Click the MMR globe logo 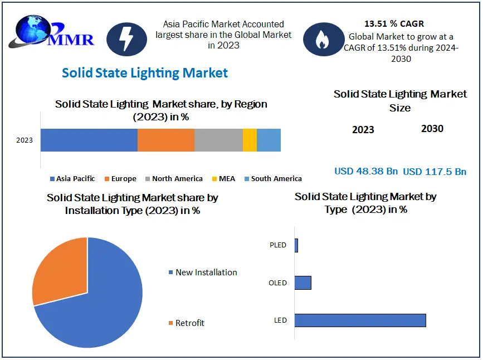click(51, 31)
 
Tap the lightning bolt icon click(126, 39)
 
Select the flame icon click(324, 39)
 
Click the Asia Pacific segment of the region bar click(89, 140)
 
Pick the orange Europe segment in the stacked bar click(166, 140)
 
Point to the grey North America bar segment click(219, 140)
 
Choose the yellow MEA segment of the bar click(250, 140)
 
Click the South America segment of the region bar click(269, 140)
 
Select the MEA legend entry click(223, 179)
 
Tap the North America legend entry click(174, 179)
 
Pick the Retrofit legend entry click(187, 323)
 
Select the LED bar click(360, 320)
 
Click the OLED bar click(303, 283)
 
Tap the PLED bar click(296, 245)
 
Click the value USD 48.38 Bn click(366, 171)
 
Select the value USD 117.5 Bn click(435, 172)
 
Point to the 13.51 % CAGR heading click(394, 24)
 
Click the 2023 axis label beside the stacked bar click(25, 140)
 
